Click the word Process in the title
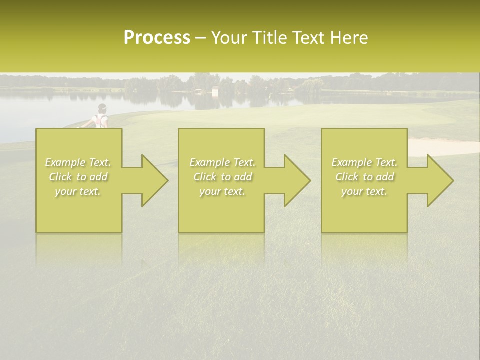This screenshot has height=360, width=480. (157, 38)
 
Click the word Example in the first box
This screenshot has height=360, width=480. (65, 162)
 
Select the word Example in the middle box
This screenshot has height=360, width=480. (210, 162)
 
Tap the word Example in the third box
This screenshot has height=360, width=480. (352, 162)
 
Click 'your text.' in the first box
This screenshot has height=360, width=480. (78, 191)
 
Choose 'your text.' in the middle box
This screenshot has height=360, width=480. (222, 191)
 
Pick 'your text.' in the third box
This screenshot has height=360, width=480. (364, 191)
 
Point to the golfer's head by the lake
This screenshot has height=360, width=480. (102, 108)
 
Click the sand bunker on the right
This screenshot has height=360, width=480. (442, 146)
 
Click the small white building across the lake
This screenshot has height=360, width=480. (215, 91)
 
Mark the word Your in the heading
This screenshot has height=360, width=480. (229, 38)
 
